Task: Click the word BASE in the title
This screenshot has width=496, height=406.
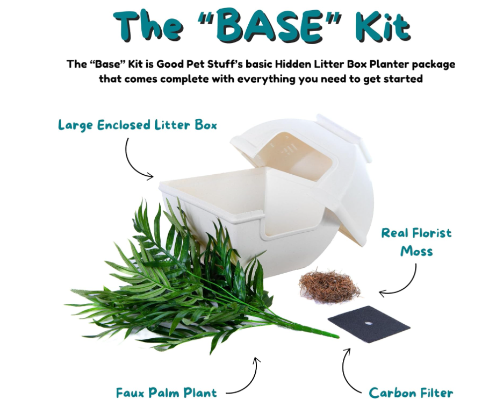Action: tap(270, 26)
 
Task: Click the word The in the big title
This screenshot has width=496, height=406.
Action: tap(149, 25)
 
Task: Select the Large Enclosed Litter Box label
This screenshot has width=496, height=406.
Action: tap(138, 125)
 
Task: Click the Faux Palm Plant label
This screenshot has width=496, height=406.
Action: tap(167, 393)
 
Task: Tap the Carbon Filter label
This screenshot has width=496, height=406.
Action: tap(411, 393)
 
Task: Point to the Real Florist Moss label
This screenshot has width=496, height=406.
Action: tap(416, 242)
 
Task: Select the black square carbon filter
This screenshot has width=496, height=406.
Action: tap(369, 323)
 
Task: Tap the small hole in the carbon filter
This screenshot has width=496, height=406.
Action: tap(368, 323)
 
